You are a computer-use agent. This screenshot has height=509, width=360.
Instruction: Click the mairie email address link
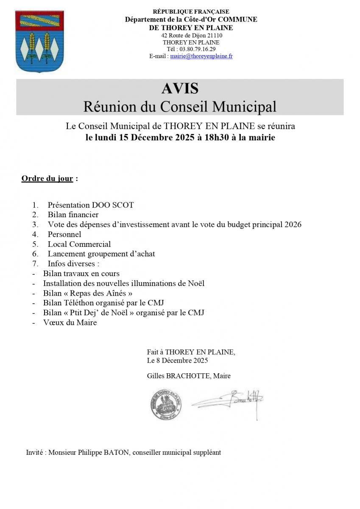[201, 56]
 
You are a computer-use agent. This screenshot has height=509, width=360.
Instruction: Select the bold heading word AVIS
[180, 88]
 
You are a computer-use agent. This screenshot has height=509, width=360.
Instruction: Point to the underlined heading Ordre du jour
[47, 179]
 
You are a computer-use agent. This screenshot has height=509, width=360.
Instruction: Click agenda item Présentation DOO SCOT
[90, 205]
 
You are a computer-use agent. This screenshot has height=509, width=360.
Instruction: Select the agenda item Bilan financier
[73, 215]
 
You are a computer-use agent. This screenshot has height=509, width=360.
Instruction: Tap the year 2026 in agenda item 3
[293, 225]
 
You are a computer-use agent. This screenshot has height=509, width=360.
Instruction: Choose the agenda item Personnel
[64, 235]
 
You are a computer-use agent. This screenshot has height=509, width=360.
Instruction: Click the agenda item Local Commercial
[79, 244]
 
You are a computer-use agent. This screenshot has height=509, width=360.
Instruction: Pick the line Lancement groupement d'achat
[101, 254]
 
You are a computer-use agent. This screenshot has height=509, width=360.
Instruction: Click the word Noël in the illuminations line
[197, 283]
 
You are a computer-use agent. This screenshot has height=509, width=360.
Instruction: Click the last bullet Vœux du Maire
[70, 323]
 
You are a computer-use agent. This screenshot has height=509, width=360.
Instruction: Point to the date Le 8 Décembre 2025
[177, 361]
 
